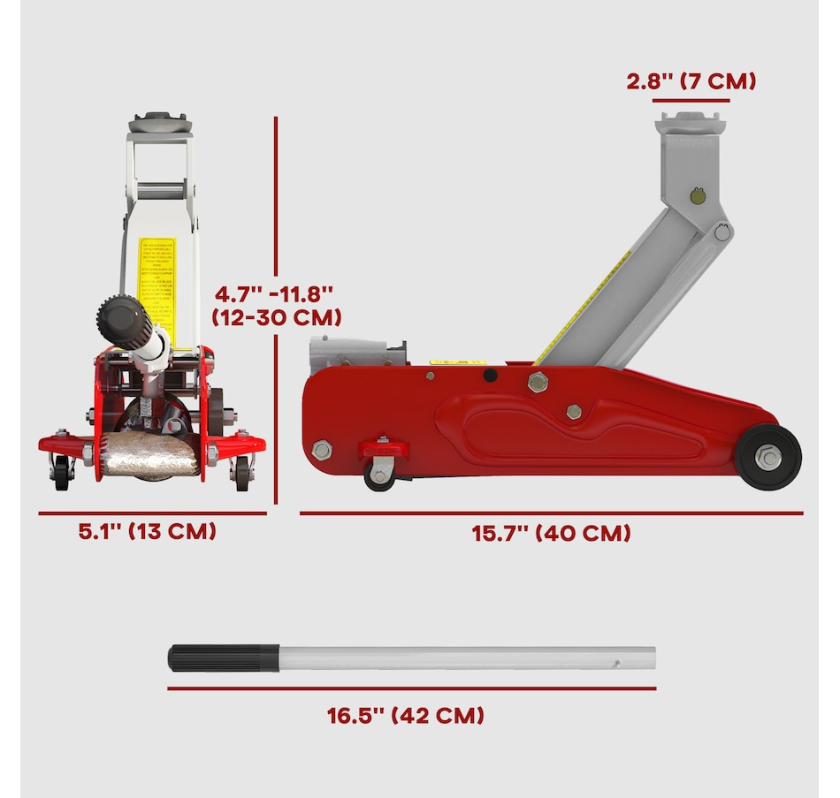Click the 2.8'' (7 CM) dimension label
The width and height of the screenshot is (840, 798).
coord(691,82)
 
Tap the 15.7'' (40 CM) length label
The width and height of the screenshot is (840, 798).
coord(551,534)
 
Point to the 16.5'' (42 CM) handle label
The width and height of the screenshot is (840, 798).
coord(406,715)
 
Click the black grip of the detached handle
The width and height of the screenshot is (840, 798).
coord(223,658)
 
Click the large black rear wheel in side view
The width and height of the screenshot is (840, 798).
coord(768,457)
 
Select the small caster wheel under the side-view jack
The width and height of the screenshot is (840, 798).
coord(380,475)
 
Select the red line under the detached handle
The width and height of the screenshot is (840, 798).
coord(411,688)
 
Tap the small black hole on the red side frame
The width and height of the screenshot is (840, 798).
coord(488,376)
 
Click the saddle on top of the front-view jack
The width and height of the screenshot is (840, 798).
coord(160,123)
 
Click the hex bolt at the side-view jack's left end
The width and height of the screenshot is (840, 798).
coord(322,451)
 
